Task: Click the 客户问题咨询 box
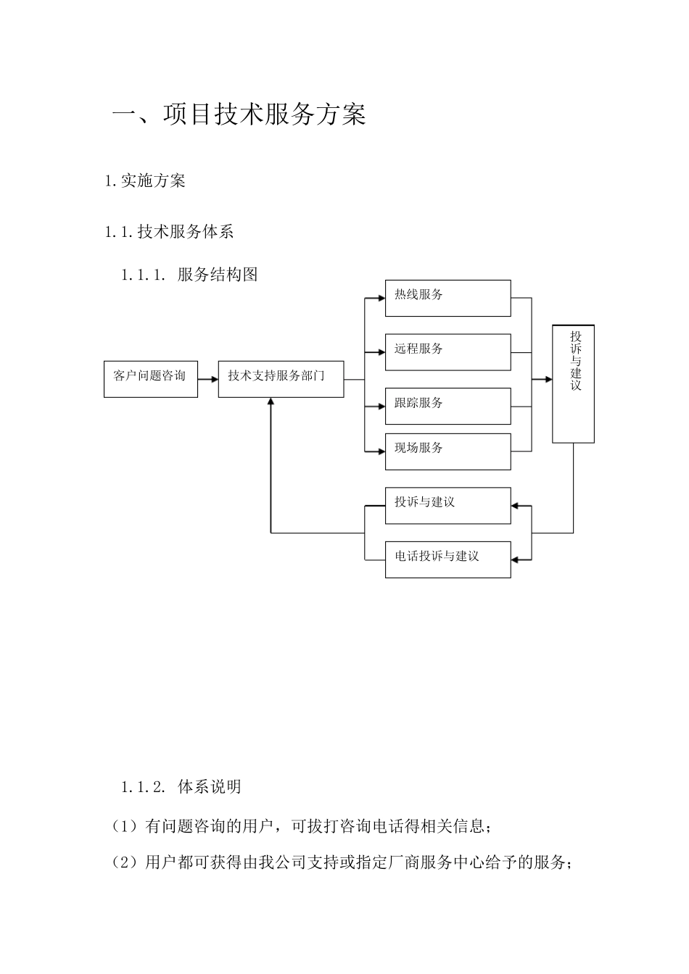point(151,378)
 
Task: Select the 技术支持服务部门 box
point(281,378)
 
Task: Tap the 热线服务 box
point(447,298)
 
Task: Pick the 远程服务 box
point(447,352)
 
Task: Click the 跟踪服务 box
point(447,406)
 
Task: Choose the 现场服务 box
point(447,451)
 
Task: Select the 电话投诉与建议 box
point(447,559)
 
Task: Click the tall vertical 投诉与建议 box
point(573,384)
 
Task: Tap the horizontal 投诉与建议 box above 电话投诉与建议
point(447,505)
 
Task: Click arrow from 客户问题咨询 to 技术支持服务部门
point(208,378)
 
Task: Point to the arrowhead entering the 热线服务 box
point(381,297)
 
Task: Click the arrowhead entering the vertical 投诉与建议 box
point(548,378)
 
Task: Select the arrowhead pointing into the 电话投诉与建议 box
point(516,559)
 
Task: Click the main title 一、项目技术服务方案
point(239,115)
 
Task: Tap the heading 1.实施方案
point(145,181)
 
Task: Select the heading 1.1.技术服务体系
point(169,232)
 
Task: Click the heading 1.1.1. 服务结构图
point(189,275)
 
